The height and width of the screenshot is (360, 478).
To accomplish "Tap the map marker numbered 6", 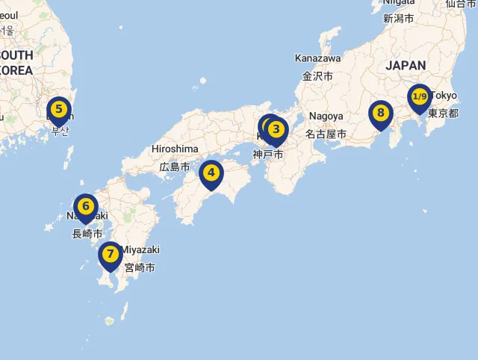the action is click(86, 207).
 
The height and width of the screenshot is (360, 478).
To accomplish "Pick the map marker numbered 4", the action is click(211, 173).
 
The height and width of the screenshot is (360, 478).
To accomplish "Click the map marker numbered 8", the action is click(381, 114).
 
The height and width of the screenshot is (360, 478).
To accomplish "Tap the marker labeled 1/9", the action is click(420, 97).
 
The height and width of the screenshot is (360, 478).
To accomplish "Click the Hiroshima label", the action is click(175, 149).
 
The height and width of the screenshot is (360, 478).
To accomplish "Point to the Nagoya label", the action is click(326, 117).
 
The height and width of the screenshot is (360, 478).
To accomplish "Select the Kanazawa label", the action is click(317, 58).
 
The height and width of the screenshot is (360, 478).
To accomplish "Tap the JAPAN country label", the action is click(406, 66).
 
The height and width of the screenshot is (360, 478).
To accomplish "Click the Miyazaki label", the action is click(141, 249).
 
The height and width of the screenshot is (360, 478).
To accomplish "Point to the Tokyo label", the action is click(444, 96).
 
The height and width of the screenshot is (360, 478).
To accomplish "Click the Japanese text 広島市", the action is click(174, 167).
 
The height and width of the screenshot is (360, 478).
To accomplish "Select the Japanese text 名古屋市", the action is click(326, 134).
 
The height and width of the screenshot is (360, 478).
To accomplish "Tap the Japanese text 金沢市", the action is click(317, 76).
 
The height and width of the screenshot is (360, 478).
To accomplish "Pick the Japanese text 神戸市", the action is click(267, 155).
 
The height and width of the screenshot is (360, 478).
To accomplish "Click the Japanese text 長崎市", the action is click(87, 234).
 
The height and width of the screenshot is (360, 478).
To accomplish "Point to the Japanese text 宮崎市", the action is click(140, 267).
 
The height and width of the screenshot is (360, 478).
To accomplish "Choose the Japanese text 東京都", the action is click(443, 114).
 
